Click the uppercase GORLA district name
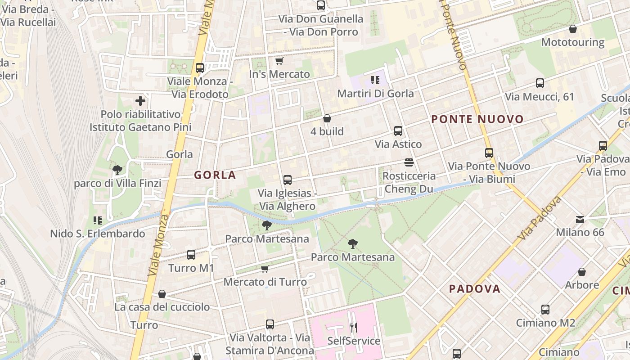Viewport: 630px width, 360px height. (x=215, y=175)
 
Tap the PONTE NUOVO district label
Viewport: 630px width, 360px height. (x=477, y=119)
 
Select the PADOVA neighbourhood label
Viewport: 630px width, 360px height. (x=475, y=289)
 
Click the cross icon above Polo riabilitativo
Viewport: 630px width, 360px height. (x=140, y=101)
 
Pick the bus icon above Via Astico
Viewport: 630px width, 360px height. (x=398, y=131)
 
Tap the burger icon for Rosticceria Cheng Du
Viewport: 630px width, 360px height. (x=409, y=162)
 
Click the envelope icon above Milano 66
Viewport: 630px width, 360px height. (x=580, y=219)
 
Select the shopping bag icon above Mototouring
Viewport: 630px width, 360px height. (x=573, y=29)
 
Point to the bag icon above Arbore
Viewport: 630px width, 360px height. (x=582, y=272)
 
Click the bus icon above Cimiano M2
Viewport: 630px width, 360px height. (x=545, y=310)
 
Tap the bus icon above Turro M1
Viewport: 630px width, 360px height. (x=191, y=255)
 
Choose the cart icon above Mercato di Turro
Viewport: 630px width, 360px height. (x=265, y=269)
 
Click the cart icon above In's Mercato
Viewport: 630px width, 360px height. (x=279, y=61)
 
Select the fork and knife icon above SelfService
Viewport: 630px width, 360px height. (x=354, y=327)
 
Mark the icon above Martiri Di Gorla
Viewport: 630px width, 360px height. (x=375, y=80)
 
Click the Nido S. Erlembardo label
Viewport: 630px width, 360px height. (x=97, y=234)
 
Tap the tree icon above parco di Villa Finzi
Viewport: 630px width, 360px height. (x=117, y=170)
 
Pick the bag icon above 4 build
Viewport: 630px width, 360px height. (x=327, y=118)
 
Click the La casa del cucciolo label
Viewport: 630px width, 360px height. (x=162, y=307)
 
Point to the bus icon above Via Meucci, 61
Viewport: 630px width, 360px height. (x=540, y=83)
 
